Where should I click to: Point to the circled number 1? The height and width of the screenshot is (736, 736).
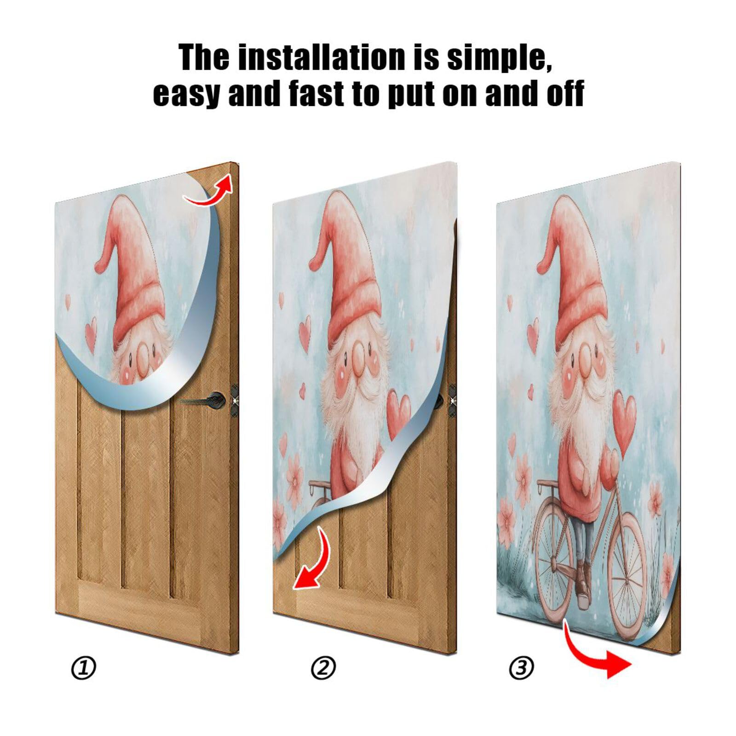pos(84,667)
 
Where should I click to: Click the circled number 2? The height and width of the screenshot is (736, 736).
pos(323,667)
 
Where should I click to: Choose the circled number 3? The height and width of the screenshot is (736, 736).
pos(521,667)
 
